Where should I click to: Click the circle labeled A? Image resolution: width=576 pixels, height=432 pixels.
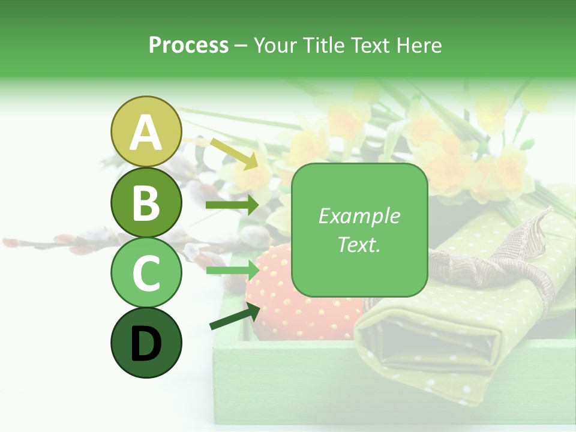tap(146, 132)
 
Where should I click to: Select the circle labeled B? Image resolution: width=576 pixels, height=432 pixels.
tap(146, 203)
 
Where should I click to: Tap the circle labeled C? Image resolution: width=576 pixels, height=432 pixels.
tap(146, 273)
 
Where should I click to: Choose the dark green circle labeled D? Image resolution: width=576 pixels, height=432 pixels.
tap(146, 343)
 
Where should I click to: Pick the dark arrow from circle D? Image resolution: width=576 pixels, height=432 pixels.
tap(235, 316)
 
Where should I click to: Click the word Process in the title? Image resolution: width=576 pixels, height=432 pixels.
tap(188, 45)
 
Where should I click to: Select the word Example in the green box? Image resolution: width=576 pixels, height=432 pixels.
tap(359, 216)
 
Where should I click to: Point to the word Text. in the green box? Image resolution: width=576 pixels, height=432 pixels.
tap(359, 244)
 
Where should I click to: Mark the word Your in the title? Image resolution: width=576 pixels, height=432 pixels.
tap(275, 45)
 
